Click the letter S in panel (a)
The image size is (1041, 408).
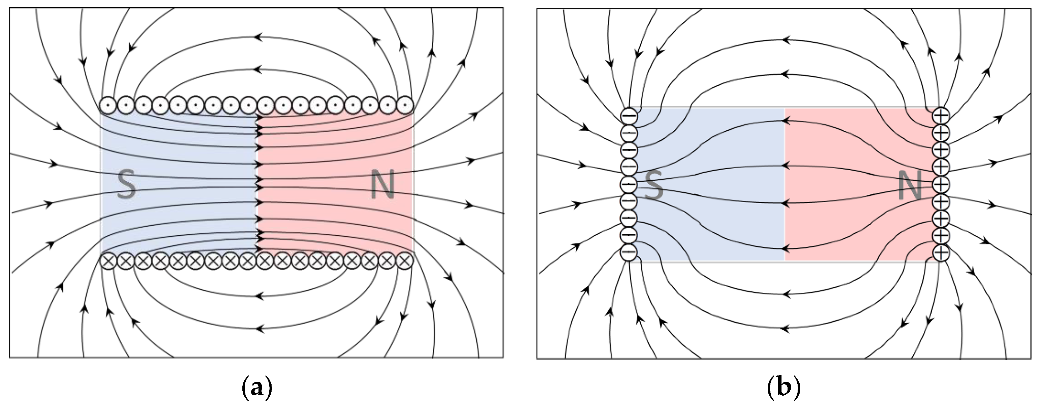127,184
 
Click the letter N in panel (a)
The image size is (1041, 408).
382,186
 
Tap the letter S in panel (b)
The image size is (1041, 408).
654,185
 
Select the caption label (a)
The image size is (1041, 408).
256,389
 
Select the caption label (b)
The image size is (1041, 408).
784,389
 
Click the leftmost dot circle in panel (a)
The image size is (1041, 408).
109,105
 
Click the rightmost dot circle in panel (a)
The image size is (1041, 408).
405,105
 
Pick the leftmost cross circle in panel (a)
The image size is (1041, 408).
109,261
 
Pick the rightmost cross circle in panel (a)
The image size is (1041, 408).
405,261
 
